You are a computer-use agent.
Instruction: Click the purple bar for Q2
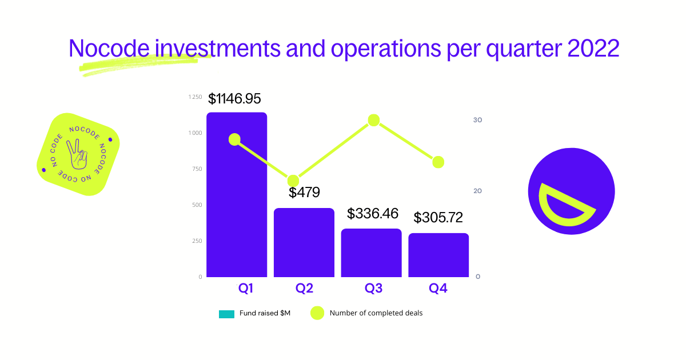[304, 243]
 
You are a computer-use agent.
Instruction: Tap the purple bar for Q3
[371, 253]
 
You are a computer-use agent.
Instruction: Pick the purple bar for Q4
[438, 255]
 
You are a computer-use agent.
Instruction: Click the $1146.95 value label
[234, 99]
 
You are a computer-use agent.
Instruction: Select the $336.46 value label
[373, 214]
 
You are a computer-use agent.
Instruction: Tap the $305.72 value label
[438, 218]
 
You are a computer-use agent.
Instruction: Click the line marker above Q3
[374, 120]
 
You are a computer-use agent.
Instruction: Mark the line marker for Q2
[293, 181]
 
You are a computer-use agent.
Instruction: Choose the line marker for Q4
[438, 162]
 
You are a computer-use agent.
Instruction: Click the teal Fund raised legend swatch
[226, 314]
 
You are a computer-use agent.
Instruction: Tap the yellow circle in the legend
[317, 313]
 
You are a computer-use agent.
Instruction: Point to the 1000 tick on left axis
[195, 133]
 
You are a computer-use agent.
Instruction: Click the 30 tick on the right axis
[477, 120]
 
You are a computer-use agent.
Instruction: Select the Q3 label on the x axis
[373, 289]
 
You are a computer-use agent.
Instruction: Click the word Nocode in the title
[109, 49]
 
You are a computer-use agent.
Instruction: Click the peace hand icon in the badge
[76, 154]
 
